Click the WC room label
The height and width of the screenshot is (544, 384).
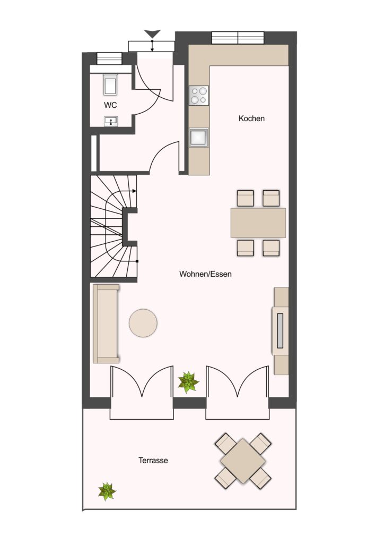point(110,105)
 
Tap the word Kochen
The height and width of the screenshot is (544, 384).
point(251,118)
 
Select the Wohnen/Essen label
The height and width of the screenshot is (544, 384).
point(205,274)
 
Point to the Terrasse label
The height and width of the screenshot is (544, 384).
point(153,461)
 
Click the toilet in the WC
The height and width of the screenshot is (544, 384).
point(110,84)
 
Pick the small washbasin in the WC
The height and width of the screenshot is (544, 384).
point(111,121)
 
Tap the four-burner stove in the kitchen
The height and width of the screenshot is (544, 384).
point(199,96)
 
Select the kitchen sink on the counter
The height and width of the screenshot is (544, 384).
point(199,138)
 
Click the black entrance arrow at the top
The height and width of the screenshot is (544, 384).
point(152,33)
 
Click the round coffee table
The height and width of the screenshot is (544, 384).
point(143,323)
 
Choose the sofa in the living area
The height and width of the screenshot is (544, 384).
point(106,324)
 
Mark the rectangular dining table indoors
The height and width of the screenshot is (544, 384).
point(258,223)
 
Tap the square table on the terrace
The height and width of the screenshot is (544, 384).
point(243,461)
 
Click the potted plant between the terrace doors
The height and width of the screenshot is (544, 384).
point(188,382)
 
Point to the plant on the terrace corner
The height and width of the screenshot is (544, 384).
point(107,491)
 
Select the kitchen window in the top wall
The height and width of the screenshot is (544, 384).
point(238,38)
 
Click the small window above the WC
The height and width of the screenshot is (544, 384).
point(109,58)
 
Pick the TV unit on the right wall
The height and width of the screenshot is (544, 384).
point(281,330)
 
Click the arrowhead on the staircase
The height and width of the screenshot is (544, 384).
point(134,191)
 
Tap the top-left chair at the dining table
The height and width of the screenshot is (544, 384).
point(246,198)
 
